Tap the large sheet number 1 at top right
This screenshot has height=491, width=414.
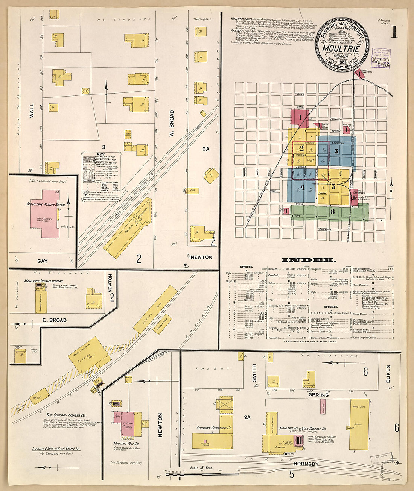pyautogui.click(x=394, y=32)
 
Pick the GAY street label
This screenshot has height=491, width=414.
pyautogui.click(x=43, y=261)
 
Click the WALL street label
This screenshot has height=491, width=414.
pyautogui.click(x=32, y=111)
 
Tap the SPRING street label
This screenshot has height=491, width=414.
pyautogui.click(x=319, y=395)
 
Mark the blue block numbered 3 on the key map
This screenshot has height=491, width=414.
pyautogui.click(x=336, y=151)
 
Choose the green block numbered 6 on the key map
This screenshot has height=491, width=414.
pyautogui.click(x=332, y=211)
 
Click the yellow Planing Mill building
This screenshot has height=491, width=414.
pyautogui.click(x=89, y=355)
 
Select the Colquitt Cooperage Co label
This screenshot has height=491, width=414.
pyautogui.click(x=214, y=427)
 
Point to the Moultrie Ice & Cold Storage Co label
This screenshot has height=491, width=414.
pyautogui.click(x=303, y=429)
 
